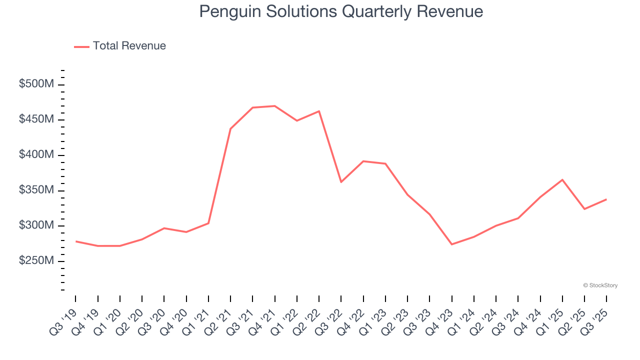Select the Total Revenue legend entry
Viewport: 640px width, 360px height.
coord(120,46)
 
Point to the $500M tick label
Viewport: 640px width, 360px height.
coord(36,84)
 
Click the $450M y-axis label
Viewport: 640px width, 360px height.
coord(36,119)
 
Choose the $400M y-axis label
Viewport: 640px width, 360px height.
coord(36,155)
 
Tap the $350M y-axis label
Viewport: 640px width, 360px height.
coord(36,190)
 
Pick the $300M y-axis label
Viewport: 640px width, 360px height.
coord(36,225)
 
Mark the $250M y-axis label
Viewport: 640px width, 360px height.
coord(36,261)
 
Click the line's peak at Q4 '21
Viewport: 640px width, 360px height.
coord(275,106)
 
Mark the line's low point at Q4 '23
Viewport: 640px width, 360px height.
coord(452,244)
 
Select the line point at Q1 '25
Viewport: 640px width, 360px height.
coord(562,179)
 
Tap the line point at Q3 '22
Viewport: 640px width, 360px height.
coord(341,182)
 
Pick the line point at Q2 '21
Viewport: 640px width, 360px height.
coord(230,129)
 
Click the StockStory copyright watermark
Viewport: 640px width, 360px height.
coord(600,285)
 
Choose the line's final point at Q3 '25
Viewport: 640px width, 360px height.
coord(606,199)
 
